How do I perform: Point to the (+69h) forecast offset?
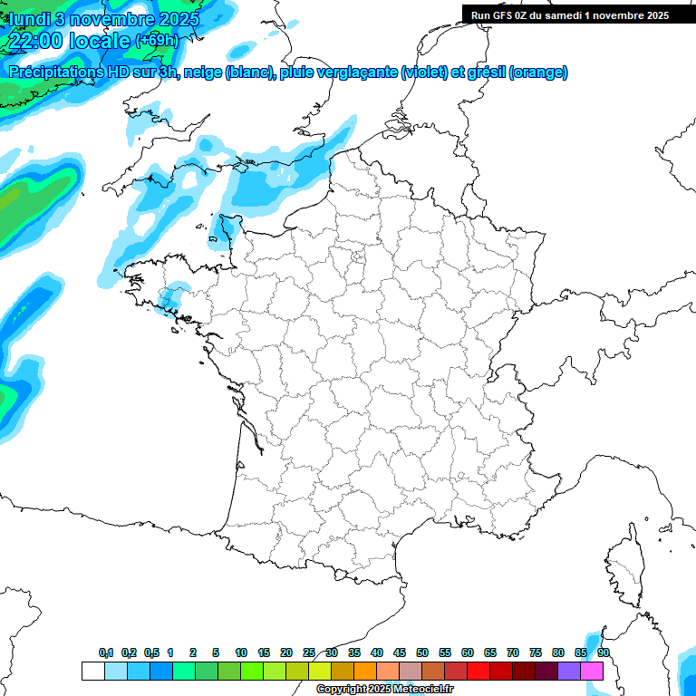pyautogui.click(x=158, y=41)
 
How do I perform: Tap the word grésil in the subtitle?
pyautogui.click(x=485, y=72)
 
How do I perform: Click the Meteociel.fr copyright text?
pyautogui.click(x=384, y=690)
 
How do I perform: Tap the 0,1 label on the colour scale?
pyautogui.click(x=106, y=652)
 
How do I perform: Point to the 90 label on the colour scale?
pyautogui.click(x=603, y=652)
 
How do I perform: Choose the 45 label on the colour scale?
pyautogui.click(x=400, y=652)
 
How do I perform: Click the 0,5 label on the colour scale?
pyautogui.click(x=151, y=652)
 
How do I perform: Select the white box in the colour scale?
pyautogui.click(x=92, y=671)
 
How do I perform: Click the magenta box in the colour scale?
pyautogui.click(x=592, y=671)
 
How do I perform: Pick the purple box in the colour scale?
pyautogui.click(x=569, y=671)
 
